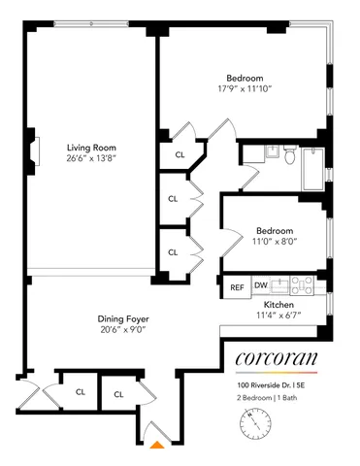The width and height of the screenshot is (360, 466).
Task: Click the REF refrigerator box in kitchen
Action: [237, 286]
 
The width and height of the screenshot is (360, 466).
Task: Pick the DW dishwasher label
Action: [260, 285]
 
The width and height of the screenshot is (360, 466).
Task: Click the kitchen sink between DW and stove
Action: [280, 285]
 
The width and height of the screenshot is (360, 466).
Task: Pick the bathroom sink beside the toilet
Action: [250, 153]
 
